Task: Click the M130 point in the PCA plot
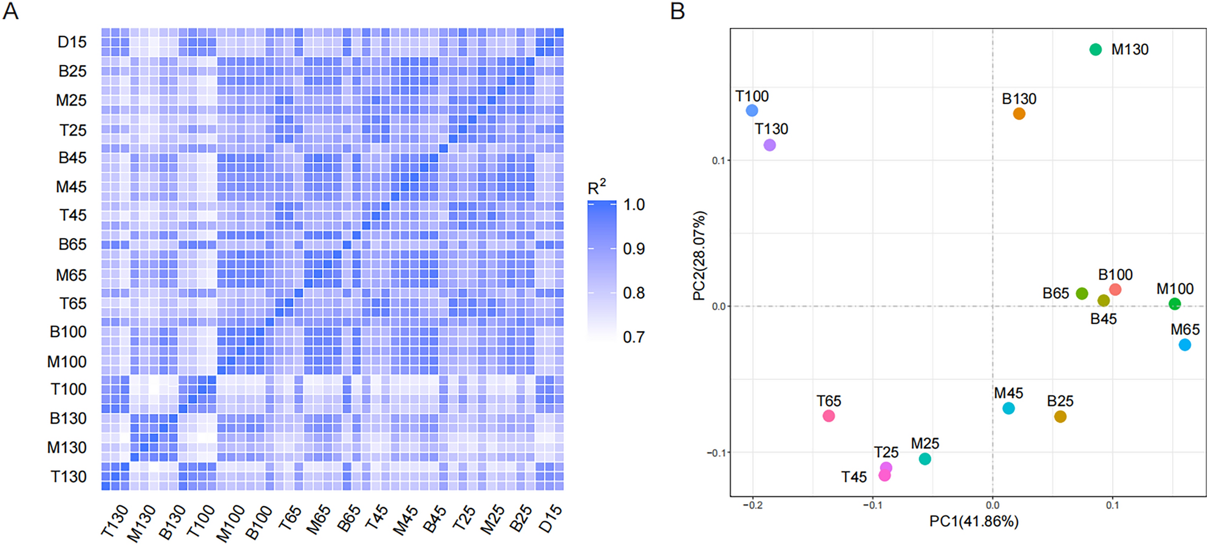(x=1095, y=50)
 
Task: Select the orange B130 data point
(x=1019, y=114)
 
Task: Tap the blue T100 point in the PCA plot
(x=752, y=111)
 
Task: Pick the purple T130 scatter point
(x=769, y=145)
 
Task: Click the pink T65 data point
(x=829, y=416)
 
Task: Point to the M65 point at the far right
(x=1184, y=345)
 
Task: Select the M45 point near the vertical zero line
(x=1008, y=408)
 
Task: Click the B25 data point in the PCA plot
(x=1060, y=417)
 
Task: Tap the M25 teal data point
(x=925, y=459)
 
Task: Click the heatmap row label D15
(x=72, y=43)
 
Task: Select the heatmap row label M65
(x=71, y=275)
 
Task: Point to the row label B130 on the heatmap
(x=68, y=419)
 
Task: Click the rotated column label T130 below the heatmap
(x=115, y=521)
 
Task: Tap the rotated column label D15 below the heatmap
(x=550, y=519)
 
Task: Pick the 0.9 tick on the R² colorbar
(x=634, y=249)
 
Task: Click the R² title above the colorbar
(x=596, y=187)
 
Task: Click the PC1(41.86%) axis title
(x=973, y=522)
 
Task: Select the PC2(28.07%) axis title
(x=699, y=256)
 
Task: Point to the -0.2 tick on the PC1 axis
(x=752, y=506)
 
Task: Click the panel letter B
(x=677, y=11)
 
